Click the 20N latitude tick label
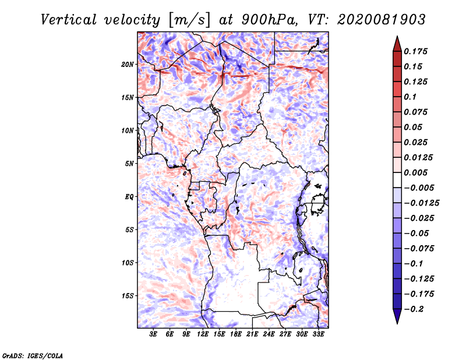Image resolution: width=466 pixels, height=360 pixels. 128,65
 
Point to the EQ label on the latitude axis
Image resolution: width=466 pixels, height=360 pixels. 129,197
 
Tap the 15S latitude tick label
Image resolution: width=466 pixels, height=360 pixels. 128,296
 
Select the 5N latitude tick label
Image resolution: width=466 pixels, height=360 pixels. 129,164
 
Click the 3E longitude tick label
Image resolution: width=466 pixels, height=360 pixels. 153,334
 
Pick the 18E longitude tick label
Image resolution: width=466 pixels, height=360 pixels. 236,334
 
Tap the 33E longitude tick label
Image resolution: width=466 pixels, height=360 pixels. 318,334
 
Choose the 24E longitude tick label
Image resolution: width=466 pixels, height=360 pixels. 269,334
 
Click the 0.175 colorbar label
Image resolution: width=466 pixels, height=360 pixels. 415,51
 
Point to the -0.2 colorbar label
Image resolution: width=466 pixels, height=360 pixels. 414,309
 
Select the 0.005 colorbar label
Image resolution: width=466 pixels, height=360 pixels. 415,172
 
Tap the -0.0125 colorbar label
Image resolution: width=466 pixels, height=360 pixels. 421,203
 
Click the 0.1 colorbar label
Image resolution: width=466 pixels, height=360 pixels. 410,97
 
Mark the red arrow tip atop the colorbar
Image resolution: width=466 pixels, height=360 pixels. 397,36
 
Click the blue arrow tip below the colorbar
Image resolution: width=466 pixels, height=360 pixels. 397,323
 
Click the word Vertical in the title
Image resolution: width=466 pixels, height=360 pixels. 69,20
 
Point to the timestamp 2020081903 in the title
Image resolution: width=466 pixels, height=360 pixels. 382,20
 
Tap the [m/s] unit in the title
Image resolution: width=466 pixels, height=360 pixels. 189,20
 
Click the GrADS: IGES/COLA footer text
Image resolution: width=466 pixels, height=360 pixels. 33,356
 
